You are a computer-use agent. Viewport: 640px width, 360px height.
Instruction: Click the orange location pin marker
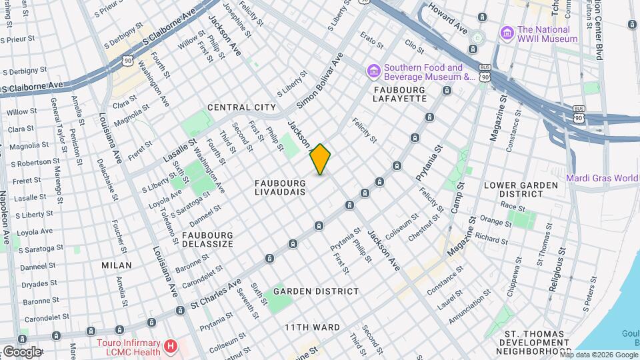(320, 159)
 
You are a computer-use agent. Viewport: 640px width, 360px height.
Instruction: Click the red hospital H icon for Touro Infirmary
(171, 347)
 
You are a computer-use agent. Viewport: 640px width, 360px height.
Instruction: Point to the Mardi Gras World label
(603, 177)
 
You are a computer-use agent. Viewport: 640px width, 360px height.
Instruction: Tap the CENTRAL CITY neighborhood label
(241, 107)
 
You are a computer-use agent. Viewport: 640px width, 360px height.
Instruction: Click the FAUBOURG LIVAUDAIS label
(280, 187)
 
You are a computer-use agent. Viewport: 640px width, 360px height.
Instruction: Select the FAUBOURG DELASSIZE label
(207, 239)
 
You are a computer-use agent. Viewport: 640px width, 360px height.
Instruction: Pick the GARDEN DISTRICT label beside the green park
(316, 291)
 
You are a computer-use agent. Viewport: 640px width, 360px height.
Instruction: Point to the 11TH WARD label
(312, 327)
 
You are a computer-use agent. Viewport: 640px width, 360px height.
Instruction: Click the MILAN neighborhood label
(116, 265)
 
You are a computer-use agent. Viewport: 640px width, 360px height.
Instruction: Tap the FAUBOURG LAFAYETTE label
(399, 94)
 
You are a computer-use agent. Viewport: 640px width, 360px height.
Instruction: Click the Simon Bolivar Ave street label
(319, 81)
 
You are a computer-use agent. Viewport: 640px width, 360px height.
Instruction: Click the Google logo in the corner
(21, 351)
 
